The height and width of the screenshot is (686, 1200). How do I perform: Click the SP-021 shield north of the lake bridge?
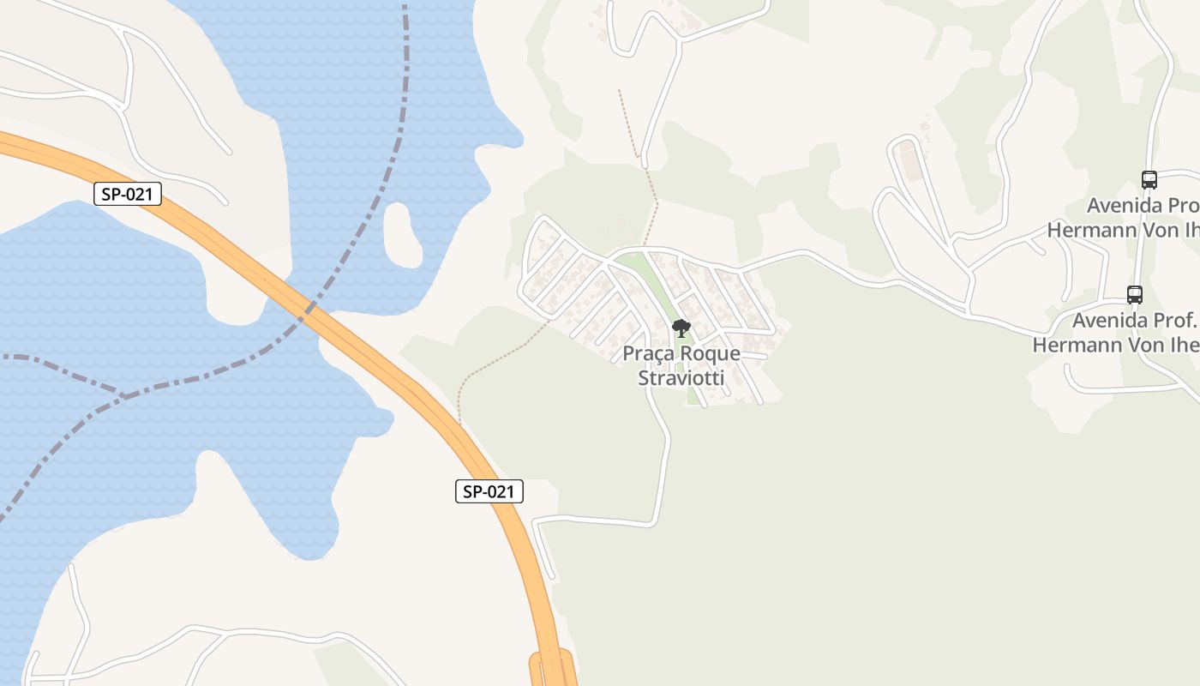127,194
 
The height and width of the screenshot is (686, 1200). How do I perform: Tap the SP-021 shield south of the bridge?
489,491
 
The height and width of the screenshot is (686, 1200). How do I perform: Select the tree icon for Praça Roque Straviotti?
681,328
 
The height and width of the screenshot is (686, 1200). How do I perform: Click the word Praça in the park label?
652,353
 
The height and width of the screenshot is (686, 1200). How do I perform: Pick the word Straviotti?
681,377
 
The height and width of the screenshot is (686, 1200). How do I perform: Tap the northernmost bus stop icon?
1149,180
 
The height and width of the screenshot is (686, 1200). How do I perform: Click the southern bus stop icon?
1135,295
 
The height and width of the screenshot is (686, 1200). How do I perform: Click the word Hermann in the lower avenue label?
1077,345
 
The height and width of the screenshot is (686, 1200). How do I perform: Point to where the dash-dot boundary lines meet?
124,395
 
